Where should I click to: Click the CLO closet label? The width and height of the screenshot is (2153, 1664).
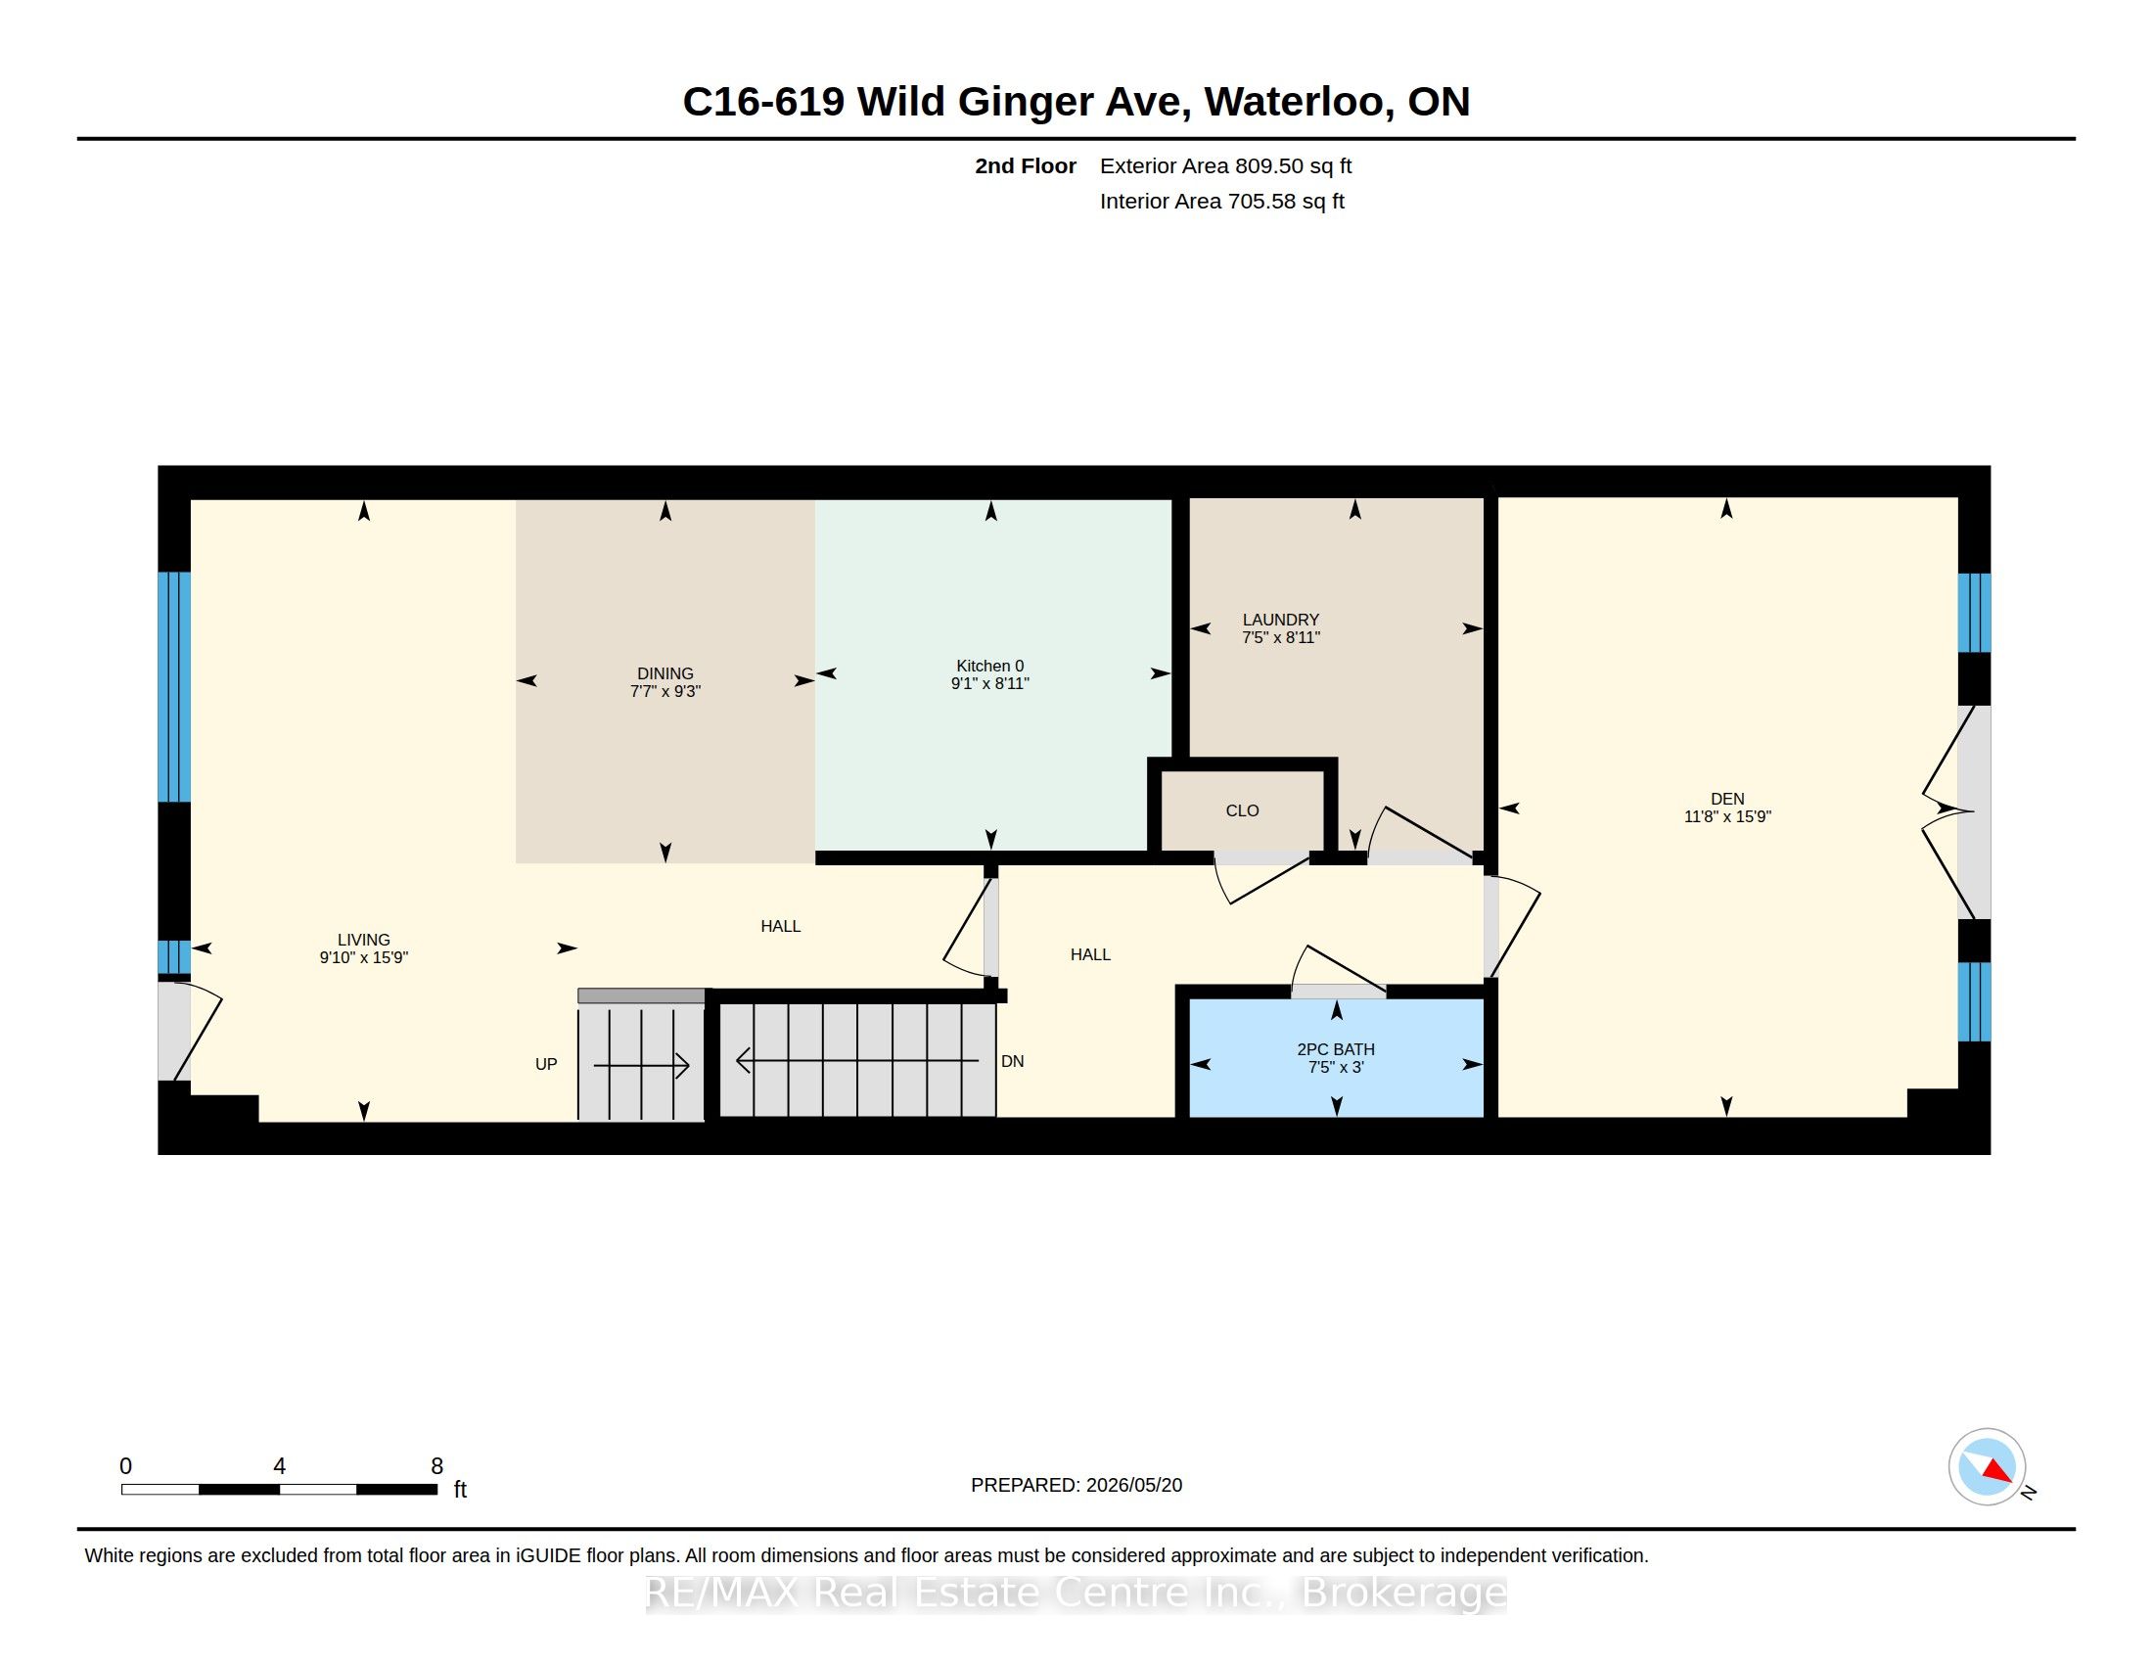tap(1242, 810)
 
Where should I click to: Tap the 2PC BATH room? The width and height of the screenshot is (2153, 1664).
tap(1336, 1058)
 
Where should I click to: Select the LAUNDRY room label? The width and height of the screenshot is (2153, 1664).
tap(1281, 620)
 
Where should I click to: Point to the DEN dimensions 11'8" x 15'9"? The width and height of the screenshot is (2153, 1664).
tap(1727, 816)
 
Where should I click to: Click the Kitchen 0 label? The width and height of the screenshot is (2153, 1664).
tap(989, 667)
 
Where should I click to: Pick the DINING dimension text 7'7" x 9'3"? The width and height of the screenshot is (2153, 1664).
tap(665, 691)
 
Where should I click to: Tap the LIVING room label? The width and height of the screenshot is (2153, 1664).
tap(364, 940)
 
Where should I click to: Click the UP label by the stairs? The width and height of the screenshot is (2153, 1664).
tap(546, 1064)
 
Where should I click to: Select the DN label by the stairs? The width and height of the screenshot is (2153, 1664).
tap(1013, 1062)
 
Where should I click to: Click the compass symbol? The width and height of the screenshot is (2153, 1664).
tap(1987, 1466)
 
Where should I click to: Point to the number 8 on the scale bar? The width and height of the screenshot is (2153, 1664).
tap(436, 1466)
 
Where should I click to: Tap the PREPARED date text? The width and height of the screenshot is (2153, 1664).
tap(1076, 1485)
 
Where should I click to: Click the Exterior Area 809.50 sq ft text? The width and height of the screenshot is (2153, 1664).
tap(1225, 165)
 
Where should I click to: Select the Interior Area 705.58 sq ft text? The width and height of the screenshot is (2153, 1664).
tap(1222, 201)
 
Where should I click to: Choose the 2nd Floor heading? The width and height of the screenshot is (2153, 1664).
tap(1026, 165)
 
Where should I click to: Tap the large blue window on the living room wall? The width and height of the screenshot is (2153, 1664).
tap(174, 687)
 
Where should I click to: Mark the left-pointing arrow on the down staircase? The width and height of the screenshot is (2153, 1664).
tap(857, 1061)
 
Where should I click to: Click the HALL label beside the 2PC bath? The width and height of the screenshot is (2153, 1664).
tap(1090, 954)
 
